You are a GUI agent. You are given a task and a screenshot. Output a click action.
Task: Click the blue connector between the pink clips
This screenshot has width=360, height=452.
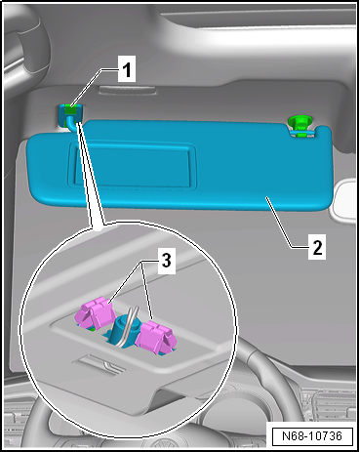click(x=125, y=327)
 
